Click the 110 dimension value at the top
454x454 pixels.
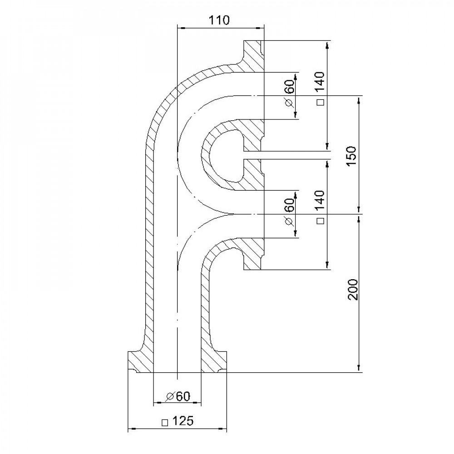tap(219, 20)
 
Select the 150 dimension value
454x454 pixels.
tap(352, 156)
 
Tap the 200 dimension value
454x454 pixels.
tap(353, 289)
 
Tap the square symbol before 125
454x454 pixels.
tap(165, 422)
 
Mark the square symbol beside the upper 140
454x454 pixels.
tap(321, 102)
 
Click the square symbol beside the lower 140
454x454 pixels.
tap(321, 221)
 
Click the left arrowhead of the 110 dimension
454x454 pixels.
tap(181, 28)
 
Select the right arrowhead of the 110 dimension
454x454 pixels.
tap(260, 28)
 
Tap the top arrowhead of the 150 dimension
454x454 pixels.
tap(359, 100)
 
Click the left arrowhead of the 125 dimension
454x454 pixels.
tap(132, 428)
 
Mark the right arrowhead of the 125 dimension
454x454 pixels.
tap(222, 428)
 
